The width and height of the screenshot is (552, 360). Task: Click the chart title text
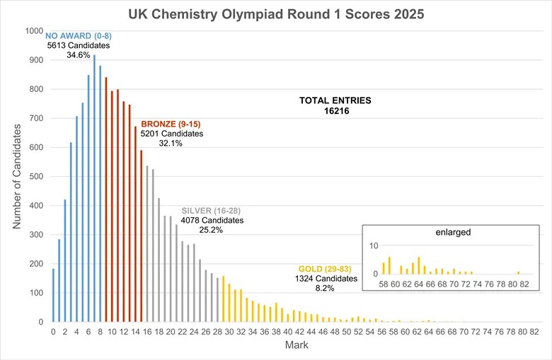tap(276, 14)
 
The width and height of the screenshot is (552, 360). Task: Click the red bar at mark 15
tap(142, 236)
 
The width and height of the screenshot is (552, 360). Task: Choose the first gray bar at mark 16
tap(147, 244)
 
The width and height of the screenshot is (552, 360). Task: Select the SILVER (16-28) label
tap(213, 211)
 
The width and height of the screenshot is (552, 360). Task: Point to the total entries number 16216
tap(335, 111)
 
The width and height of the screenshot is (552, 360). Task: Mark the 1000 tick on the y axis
tap(34, 31)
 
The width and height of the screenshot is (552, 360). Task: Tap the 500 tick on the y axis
tap(37, 177)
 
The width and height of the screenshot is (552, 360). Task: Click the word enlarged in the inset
tap(453, 232)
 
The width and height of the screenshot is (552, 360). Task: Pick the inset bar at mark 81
tap(518, 272)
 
